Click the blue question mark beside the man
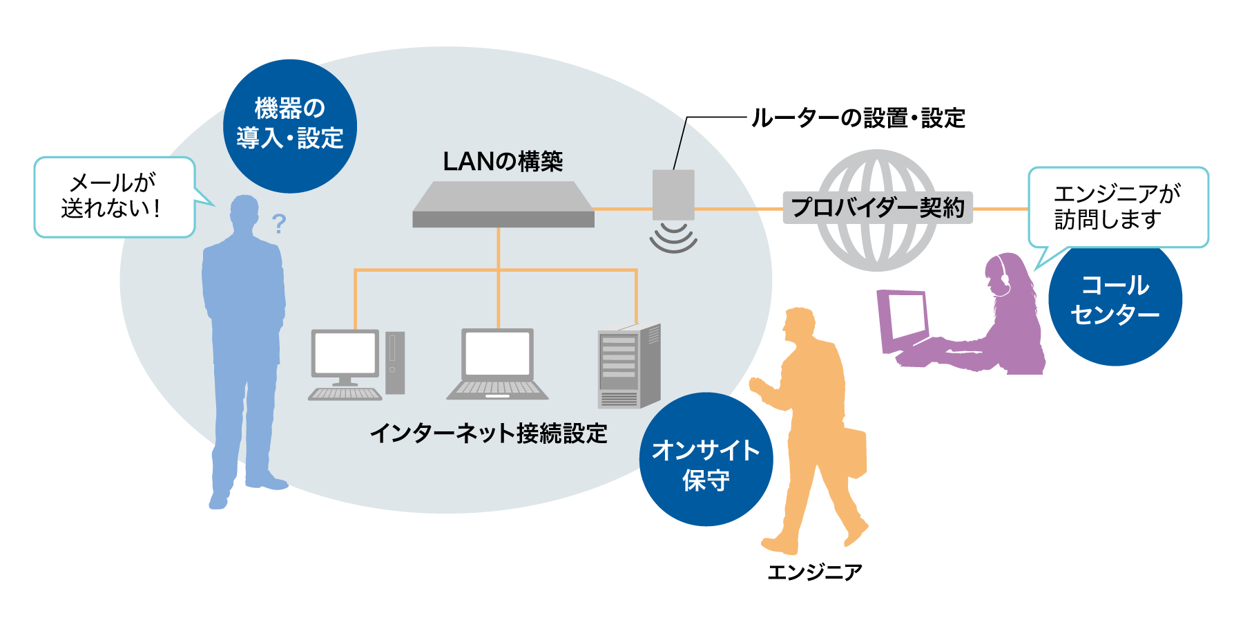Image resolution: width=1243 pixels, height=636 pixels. [x=278, y=223]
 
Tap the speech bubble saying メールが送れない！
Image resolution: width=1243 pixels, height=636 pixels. [x=114, y=197]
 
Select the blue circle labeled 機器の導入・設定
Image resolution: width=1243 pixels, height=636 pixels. [x=290, y=125]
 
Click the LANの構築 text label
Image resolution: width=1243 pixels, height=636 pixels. [x=503, y=162]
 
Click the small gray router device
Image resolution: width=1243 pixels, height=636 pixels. [x=673, y=194]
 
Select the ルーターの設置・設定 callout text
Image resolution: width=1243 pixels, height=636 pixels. [x=858, y=118]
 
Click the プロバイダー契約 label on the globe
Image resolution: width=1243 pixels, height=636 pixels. [x=877, y=207]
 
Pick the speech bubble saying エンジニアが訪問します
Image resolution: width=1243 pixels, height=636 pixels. [x=1117, y=207]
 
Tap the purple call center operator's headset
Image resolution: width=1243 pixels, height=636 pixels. [x=1001, y=274]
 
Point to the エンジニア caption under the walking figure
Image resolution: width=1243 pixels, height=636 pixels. [x=815, y=572]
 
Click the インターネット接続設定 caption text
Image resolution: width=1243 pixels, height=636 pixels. [x=489, y=433]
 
